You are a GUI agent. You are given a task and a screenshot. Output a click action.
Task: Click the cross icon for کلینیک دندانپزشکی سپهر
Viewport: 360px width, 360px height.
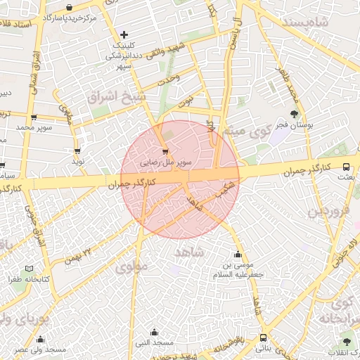(124, 34)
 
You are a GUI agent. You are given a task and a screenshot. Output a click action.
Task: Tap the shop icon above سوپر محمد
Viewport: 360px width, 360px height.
(33, 117)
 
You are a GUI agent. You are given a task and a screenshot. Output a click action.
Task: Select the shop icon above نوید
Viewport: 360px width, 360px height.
(77, 151)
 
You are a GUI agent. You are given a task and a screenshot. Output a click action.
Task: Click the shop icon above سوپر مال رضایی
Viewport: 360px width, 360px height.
(165, 151)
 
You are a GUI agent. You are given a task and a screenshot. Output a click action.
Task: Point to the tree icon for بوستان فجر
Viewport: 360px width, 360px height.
(294, 114)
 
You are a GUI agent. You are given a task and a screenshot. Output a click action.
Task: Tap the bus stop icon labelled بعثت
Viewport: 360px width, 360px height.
(346, 167)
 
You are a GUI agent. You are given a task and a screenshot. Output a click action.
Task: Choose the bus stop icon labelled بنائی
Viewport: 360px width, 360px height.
(263, 337)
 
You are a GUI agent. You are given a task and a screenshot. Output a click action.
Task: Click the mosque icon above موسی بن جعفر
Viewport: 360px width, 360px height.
(238, 255)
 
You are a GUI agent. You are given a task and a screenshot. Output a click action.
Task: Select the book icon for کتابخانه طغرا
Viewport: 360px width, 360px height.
(29, 269)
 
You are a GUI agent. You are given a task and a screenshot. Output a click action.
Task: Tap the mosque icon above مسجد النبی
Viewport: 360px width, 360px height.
(154, 332)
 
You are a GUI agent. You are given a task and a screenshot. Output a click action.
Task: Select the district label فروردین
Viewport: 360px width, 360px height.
(329, 210)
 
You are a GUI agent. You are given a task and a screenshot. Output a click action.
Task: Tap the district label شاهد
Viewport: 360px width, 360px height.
(190, 250)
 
